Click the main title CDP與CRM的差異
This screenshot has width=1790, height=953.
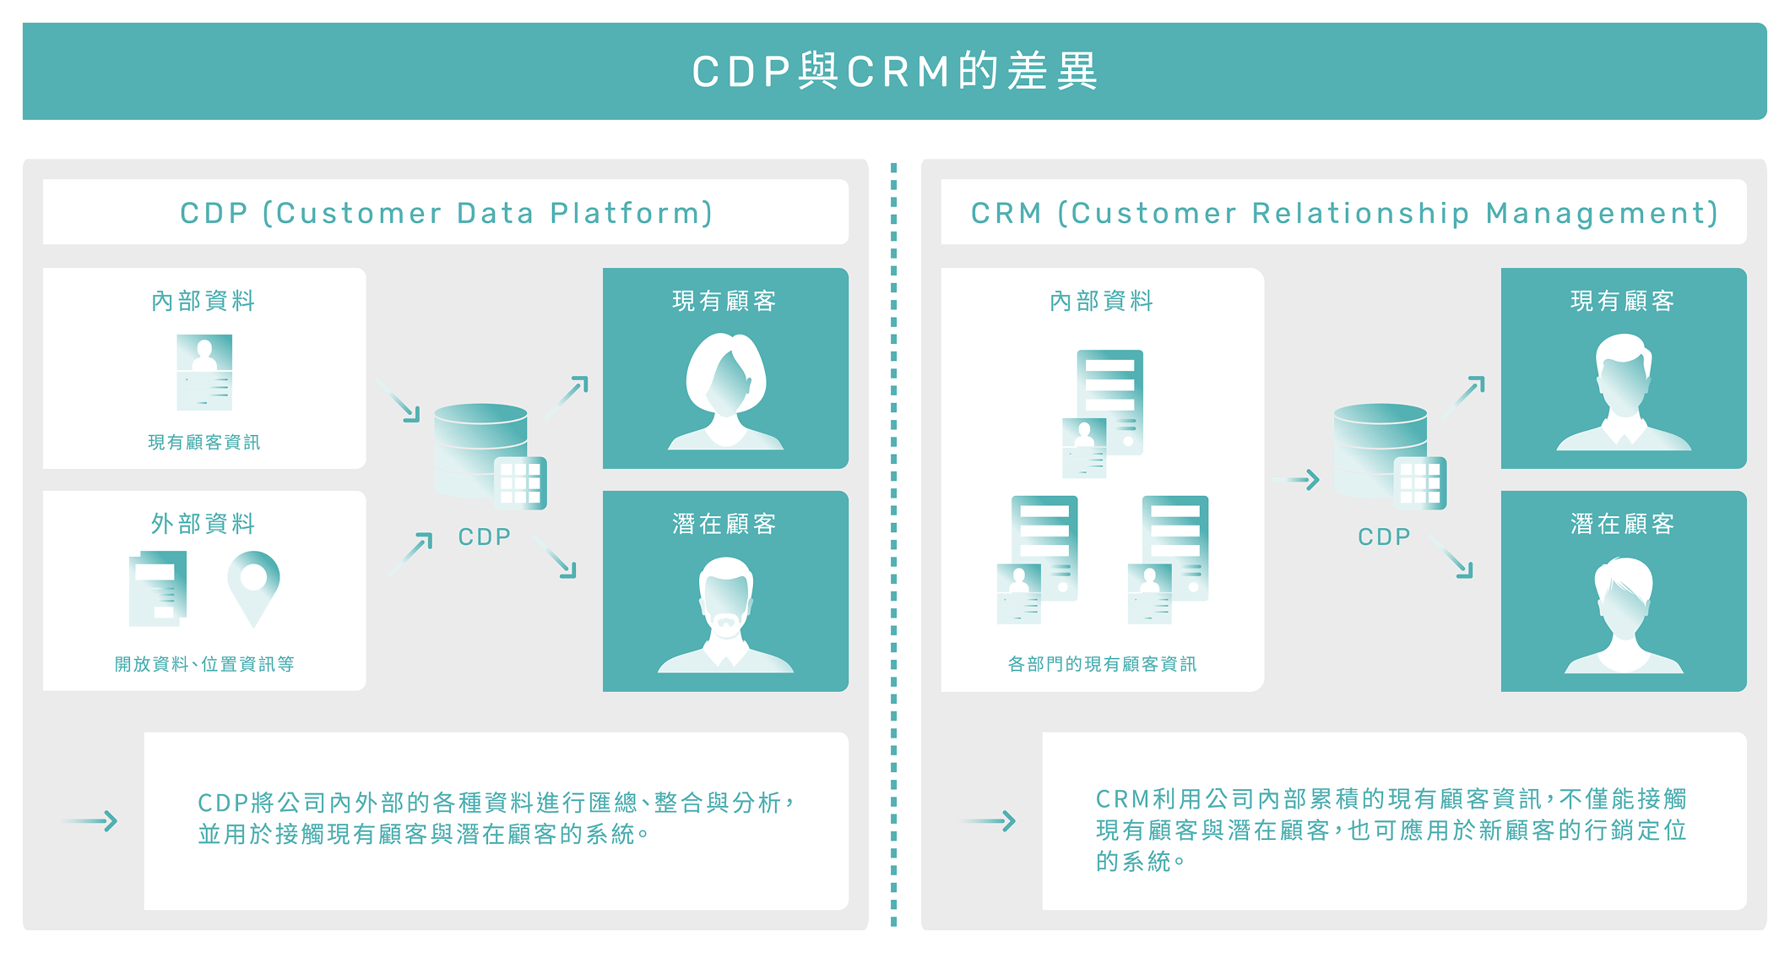pos(894,71)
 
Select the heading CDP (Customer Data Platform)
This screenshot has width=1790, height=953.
pos(446,213)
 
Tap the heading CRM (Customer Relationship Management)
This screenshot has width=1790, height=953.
pos(1343,213)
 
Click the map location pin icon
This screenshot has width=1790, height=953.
pos(253,588)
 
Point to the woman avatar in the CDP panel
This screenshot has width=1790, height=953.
pos(725,390)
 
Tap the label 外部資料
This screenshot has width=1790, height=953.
pos(203,524)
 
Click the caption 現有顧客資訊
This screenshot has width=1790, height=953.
pos(203,442)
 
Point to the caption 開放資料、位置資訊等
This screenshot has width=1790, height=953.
pos(204,664)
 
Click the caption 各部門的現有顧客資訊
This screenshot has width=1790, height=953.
pos(1102,664)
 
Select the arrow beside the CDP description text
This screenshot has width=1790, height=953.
pos(91,820)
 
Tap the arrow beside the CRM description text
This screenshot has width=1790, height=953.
pos(989,820)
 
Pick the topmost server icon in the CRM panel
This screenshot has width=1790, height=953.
pos(1109,401)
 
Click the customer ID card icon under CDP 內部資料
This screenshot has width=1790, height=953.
pos(204,373)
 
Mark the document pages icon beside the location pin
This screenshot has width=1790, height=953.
pos(158,588)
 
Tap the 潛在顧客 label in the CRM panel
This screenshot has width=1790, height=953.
pos(1622,524)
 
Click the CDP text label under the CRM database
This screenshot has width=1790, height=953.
pos(1384,536)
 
